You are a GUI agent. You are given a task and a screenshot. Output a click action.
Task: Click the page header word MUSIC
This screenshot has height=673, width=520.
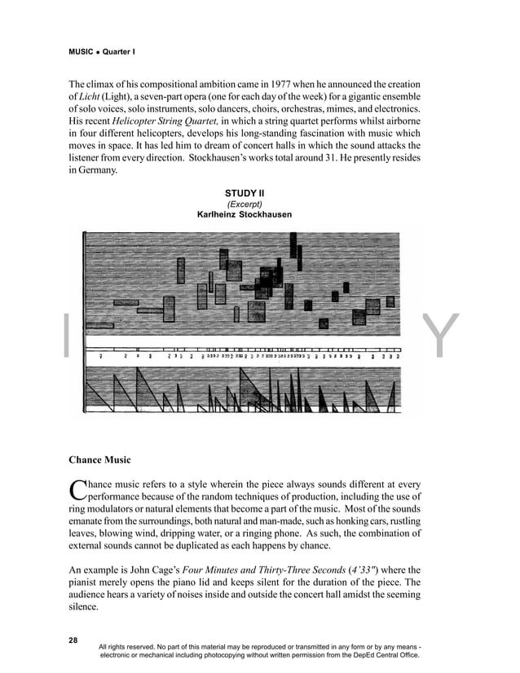[82, 51]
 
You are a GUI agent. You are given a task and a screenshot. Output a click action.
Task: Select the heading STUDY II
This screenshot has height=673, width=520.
[245, 193]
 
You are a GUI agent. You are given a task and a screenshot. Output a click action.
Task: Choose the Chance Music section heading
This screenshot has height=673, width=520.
[102, 460]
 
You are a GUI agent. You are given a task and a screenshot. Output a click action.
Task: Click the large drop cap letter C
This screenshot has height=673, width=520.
[77, 490]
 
